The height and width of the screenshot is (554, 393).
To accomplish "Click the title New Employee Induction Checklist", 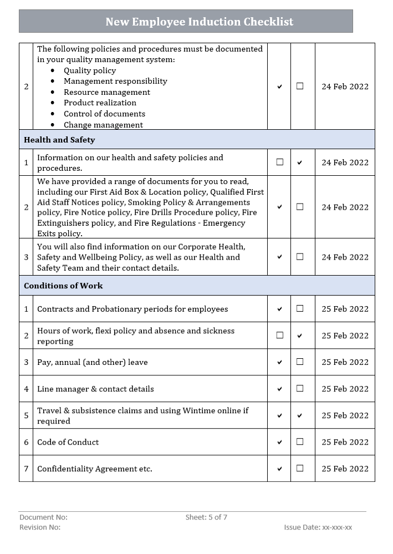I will [x=199, y=22].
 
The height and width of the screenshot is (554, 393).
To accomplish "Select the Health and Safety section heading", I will [x=59, y=140].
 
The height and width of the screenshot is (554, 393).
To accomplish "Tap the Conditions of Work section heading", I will [x=63, y=286].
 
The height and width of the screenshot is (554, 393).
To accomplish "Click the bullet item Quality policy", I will [x=89, y=70].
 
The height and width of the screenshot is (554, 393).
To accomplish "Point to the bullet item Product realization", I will [x=100, y=103].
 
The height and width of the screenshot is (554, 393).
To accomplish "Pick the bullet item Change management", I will [x=103, y=125].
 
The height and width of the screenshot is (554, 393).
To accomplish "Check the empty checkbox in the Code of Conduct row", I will [x=300, y=442].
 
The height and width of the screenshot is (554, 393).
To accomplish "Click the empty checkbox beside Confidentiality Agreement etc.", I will [x=300, y=469].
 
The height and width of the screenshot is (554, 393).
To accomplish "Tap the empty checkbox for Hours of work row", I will [x=279, y=336].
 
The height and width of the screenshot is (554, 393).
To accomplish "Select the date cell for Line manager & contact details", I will [x=345, y=389].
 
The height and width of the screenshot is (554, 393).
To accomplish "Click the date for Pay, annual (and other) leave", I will [x=345, y=362].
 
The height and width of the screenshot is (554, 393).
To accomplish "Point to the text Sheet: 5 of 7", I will [x=206, y=517].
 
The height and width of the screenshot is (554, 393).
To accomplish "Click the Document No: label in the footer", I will [x=43, y=517].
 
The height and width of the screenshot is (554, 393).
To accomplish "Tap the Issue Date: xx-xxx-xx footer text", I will [x=318, y=527].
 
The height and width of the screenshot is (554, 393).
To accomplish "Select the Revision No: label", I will [x=40, y=527].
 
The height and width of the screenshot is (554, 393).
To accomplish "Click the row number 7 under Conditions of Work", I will [x=26, y=469].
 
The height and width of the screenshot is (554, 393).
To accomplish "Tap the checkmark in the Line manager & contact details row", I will [x=279, y=389].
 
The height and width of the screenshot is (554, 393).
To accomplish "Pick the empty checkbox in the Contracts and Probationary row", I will [x=300, y=309].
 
